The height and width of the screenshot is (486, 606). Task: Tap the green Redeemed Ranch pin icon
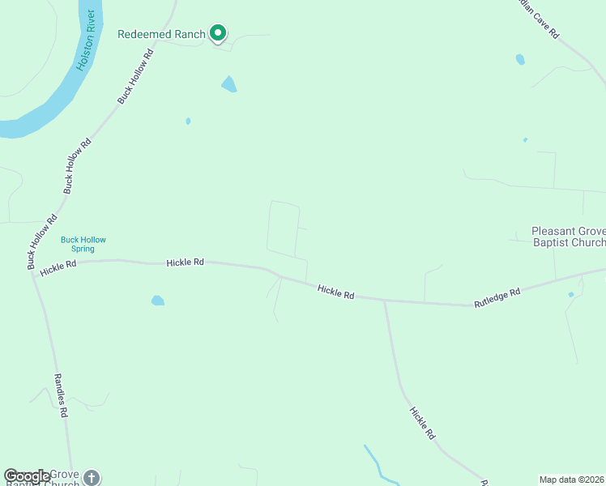[x=217, y=33]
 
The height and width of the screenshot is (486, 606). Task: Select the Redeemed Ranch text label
[x=161, y=34]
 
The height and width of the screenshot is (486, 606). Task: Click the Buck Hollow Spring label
[x=83, y=244]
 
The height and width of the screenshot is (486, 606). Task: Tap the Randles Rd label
[x=59, y=394]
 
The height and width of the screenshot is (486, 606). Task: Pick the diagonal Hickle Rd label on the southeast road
[x=422, y=422]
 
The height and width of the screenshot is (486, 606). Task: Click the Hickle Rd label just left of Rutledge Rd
[x=336, y=292]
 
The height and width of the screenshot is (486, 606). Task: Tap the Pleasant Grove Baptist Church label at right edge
[x=568, y=237]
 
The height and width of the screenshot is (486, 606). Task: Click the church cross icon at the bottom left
[x=92, y=478]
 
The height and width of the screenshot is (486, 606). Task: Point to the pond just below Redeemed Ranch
[x=229, y=84]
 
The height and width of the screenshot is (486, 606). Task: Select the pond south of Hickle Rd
[x=158, y=301]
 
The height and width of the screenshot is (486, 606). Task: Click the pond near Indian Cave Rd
[x=520, y=59]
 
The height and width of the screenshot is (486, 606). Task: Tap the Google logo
[x=28, y=476]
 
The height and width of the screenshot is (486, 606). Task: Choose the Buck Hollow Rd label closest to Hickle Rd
[x=42, y=242]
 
